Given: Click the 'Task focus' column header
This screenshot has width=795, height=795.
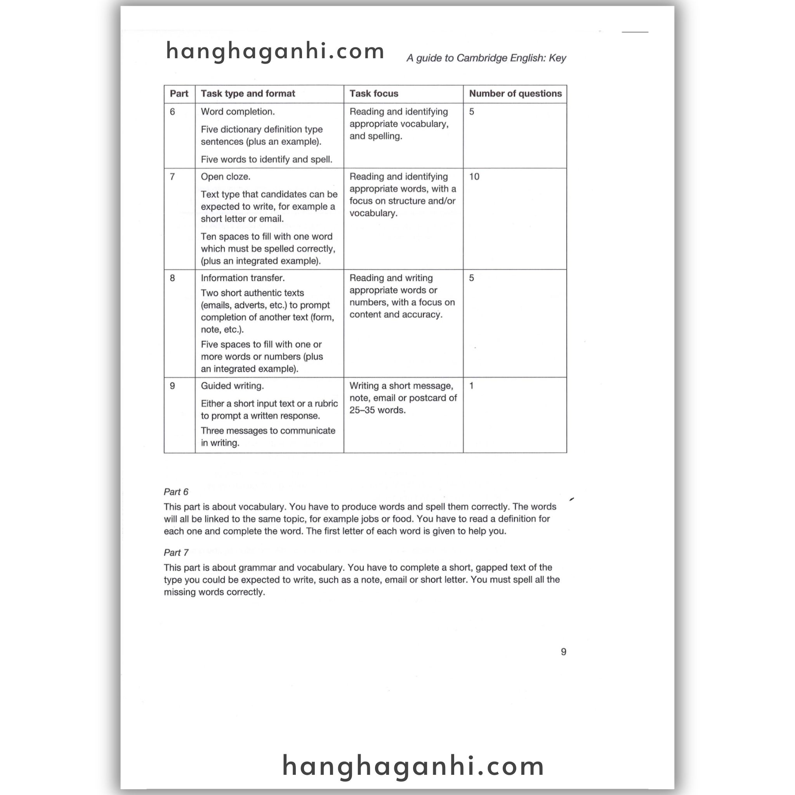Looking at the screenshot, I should coord(374,94).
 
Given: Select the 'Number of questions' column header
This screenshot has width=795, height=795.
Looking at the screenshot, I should coord(515,94).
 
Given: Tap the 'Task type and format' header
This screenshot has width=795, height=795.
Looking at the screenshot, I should coord(248,94).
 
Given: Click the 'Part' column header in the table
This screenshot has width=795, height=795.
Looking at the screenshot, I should coord(179,94).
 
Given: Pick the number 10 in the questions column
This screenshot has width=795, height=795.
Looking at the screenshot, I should coord(474,177).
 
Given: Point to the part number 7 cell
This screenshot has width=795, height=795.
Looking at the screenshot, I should coord(172,177).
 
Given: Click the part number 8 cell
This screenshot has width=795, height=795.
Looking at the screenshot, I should coord(172,278).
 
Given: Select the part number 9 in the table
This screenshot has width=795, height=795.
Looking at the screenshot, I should coord(172,386).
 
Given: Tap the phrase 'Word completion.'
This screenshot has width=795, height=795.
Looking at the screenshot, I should coord(238,112).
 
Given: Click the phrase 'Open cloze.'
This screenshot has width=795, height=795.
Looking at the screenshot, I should coord(226,177).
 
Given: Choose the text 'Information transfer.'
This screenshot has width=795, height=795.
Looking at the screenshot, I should coord(243,278).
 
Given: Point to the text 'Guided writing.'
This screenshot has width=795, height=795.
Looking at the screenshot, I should coord(233,386).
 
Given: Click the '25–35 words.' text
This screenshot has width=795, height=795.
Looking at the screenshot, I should coord(377,410).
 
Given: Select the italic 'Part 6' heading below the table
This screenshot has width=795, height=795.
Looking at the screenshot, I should coord(176,492).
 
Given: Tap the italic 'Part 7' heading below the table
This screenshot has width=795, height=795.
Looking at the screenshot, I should coord(176,553).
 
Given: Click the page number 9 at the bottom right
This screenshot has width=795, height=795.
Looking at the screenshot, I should coord(563,652).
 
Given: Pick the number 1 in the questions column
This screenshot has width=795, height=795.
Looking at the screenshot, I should coord(472,386).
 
